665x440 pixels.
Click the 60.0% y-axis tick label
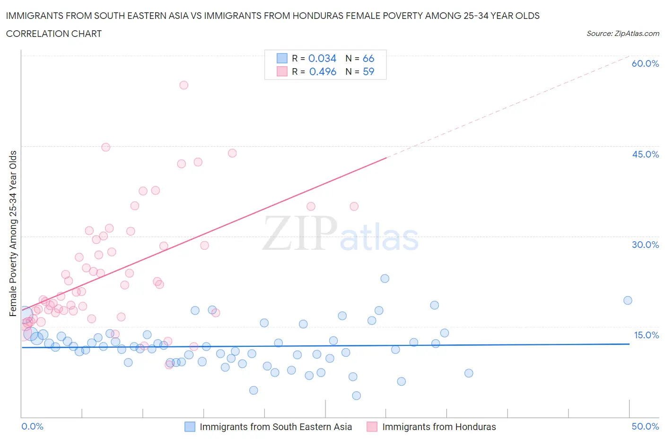tap(645, 63)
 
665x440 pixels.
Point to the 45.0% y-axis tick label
tap(645, 154)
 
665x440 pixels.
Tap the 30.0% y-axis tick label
tap(645, 245)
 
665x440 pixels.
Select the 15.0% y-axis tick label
tap(645, 335)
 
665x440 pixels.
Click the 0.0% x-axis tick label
tap(32, 426)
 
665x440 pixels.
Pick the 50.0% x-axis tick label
tap(645, 426)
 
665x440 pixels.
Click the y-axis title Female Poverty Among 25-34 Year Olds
tap(13, 233)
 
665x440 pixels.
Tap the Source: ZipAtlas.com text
tap(622, 34)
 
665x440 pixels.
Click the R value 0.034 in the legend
tap(322, 58)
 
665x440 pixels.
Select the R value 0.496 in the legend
tap(323, 71)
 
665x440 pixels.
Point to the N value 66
tap(368, 58)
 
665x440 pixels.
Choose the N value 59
tap(368, 71)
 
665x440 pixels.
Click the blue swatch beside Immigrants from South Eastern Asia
tap(190, 427)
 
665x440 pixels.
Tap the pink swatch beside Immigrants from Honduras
tap(372, 427)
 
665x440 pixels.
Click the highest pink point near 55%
tap(184, 85)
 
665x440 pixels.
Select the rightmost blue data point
tap(628, 300)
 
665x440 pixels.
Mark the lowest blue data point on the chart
tap(357, 396)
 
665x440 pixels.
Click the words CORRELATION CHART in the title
tap(54, 34)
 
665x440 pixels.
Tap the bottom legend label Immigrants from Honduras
tap(439, 427)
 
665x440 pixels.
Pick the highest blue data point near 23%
tap(385, 279)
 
